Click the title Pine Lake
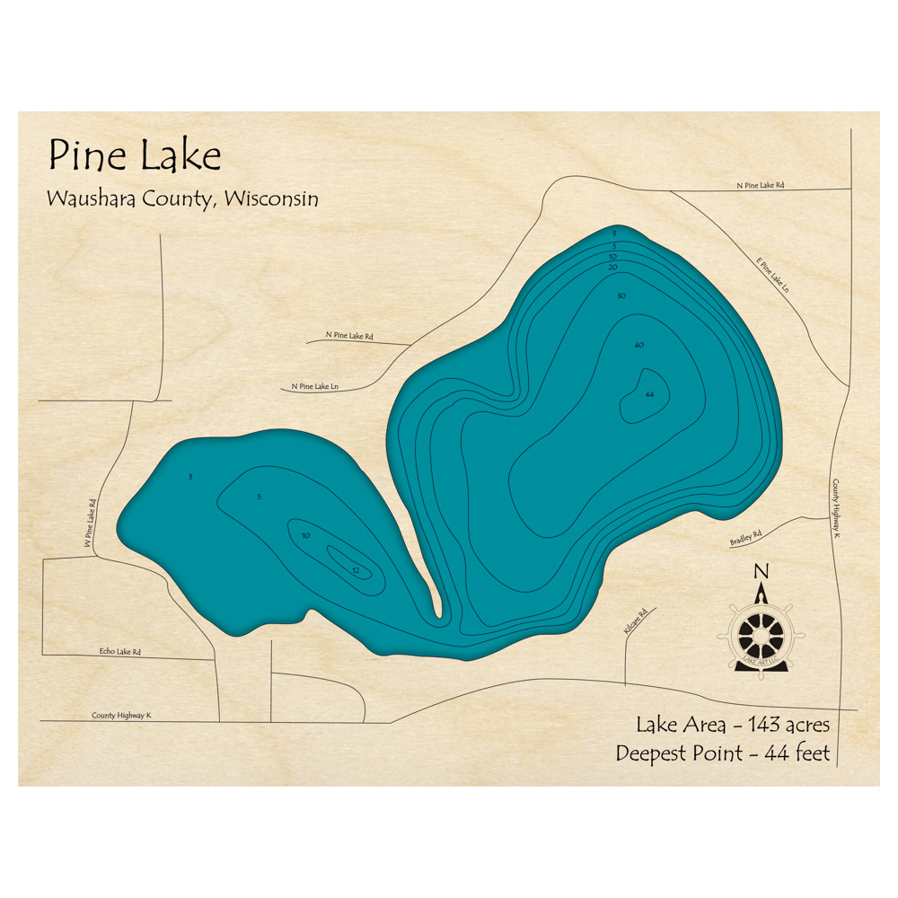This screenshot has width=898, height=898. click(x=135, y=156)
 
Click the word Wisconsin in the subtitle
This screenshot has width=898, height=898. click(x=271, y=198)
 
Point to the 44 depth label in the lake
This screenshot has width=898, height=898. click(x=649, y=394)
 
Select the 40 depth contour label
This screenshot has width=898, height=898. click(x=639, y=346)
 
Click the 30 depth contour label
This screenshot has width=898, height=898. click(x=621, y=296)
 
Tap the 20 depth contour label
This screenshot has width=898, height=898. click(x=612, y=268)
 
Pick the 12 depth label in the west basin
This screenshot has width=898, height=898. click(x=357, y=570)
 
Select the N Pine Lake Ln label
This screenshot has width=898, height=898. click(x=314, y=387)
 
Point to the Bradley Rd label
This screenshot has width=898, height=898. click(x=745, y=538)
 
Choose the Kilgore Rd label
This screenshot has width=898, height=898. click(x=635, y=624)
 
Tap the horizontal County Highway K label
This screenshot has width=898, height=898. click(x=121, y=716)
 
